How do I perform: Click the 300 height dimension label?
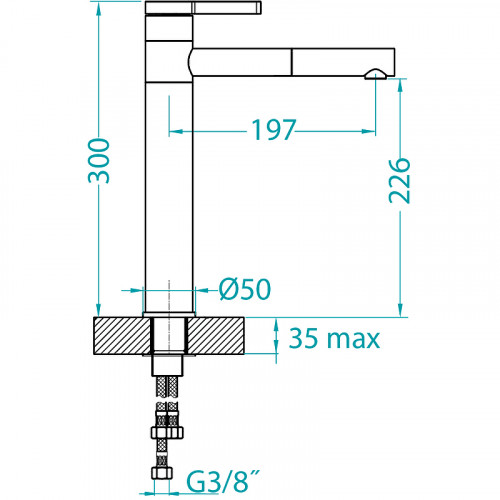pos(99,161)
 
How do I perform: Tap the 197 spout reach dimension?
pos(273,130)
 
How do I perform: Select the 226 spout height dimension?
pos(399,181)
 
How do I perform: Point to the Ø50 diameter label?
pos(245,289)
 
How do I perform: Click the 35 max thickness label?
pos(334,338)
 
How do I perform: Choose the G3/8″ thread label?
pos(223,481)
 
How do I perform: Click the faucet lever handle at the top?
pos(203,8)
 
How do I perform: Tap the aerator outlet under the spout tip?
pos(376,75)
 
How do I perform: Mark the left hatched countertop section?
pos(122,336)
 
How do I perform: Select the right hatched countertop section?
pos(215,336)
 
